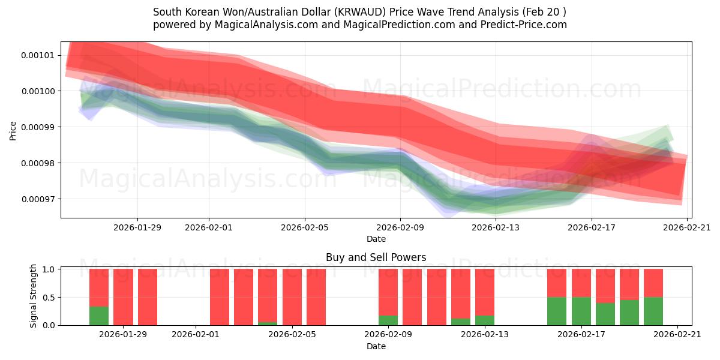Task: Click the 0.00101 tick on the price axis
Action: [x=38, y=55]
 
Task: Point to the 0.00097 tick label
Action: [x=38, y=199]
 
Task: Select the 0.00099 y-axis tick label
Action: [x=38, y=127]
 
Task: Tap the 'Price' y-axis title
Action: [x=13, y=130]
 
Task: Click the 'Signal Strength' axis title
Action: [x=34, y=296]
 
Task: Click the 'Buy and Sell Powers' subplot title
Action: [x=376, y=257]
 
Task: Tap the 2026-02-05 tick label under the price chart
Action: [x=305, y=227]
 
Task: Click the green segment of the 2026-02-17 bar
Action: [x=581, y=311]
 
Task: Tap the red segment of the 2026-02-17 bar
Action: [x=581, y=283]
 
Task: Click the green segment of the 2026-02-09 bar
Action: [x=388, y=320]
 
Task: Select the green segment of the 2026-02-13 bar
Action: [x=485, y=320]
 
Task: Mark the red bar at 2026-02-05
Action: [x=292, y=297]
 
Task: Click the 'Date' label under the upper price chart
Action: [x=376, y=239]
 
